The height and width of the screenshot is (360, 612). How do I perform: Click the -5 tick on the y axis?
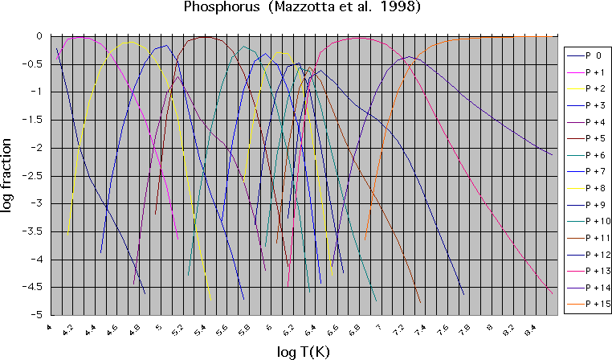coord(36,315)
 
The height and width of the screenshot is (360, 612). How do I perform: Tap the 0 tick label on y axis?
coord(39,36)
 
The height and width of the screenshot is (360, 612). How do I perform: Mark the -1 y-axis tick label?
coord(36,92)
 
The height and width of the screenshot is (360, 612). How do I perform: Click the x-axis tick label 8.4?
coord(529,330)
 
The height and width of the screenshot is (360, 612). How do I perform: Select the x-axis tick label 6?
coord(268,329)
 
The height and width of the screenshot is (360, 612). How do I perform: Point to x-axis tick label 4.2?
coord(68,329)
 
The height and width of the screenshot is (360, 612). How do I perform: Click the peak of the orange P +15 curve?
coord(498,37)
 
